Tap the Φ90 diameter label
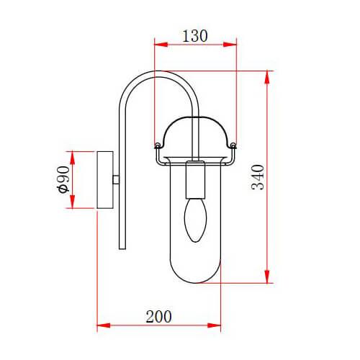click(63, 179)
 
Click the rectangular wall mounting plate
click(105, 179)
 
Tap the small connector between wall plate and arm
click(117, 179)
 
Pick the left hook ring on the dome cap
click(157, 147)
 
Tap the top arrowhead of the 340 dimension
click(269, 73)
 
